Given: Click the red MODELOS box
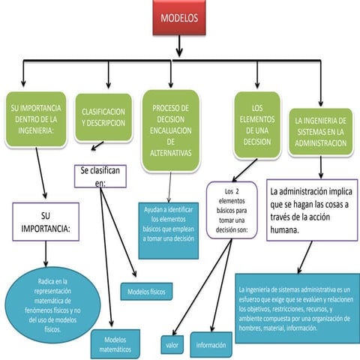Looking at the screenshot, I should coord(179,21).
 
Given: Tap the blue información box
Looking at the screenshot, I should coord(211,345).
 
